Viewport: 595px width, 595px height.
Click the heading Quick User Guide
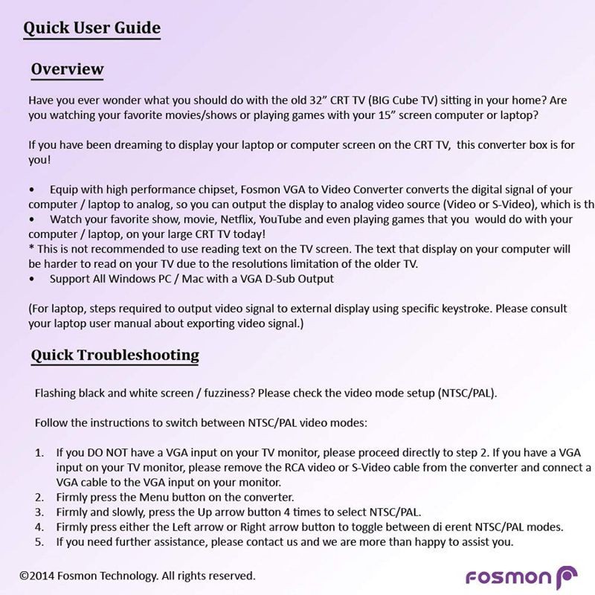(91, 28)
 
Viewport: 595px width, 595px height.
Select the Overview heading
(67, 70)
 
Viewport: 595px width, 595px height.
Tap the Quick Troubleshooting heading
(115, 355)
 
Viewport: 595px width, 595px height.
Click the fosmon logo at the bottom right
(521, 578)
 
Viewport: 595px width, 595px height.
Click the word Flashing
(57, 393)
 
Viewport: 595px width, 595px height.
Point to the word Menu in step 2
(144, 497)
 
